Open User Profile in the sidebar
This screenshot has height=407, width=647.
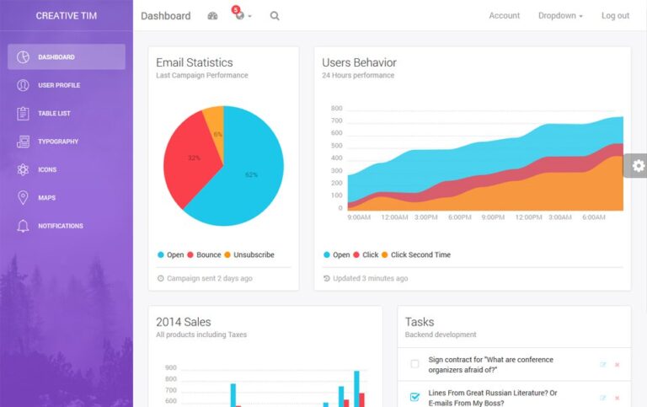59,85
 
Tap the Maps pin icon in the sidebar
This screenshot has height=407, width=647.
23,198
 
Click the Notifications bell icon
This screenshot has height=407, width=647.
23,226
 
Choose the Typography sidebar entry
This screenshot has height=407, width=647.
58,142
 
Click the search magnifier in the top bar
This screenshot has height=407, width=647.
275,16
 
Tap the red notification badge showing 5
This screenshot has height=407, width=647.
235,9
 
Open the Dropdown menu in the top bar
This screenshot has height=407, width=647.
560,16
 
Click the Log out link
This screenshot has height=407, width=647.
615,16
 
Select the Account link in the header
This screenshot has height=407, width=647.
504,16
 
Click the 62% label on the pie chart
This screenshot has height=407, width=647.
251,174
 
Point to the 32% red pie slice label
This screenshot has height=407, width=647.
194,158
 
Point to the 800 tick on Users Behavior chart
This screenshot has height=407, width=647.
336,109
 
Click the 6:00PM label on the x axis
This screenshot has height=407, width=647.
460,217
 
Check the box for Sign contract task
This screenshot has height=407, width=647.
414,364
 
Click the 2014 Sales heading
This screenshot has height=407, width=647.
184,322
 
